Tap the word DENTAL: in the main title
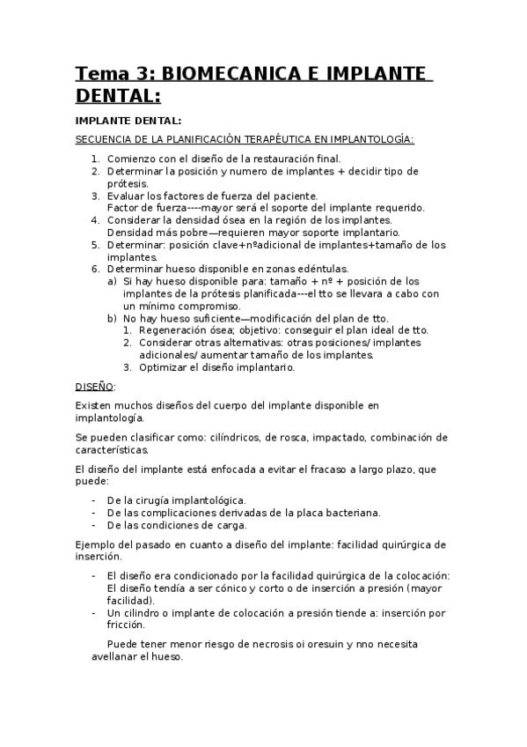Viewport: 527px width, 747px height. coord(119,94)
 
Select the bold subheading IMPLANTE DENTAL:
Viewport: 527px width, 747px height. coord(128,121)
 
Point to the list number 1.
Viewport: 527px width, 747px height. coord(95,159)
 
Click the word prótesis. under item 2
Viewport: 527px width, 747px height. coord(128,183)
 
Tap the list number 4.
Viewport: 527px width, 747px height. coord(95,220)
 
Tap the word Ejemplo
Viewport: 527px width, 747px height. coord(96,544)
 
